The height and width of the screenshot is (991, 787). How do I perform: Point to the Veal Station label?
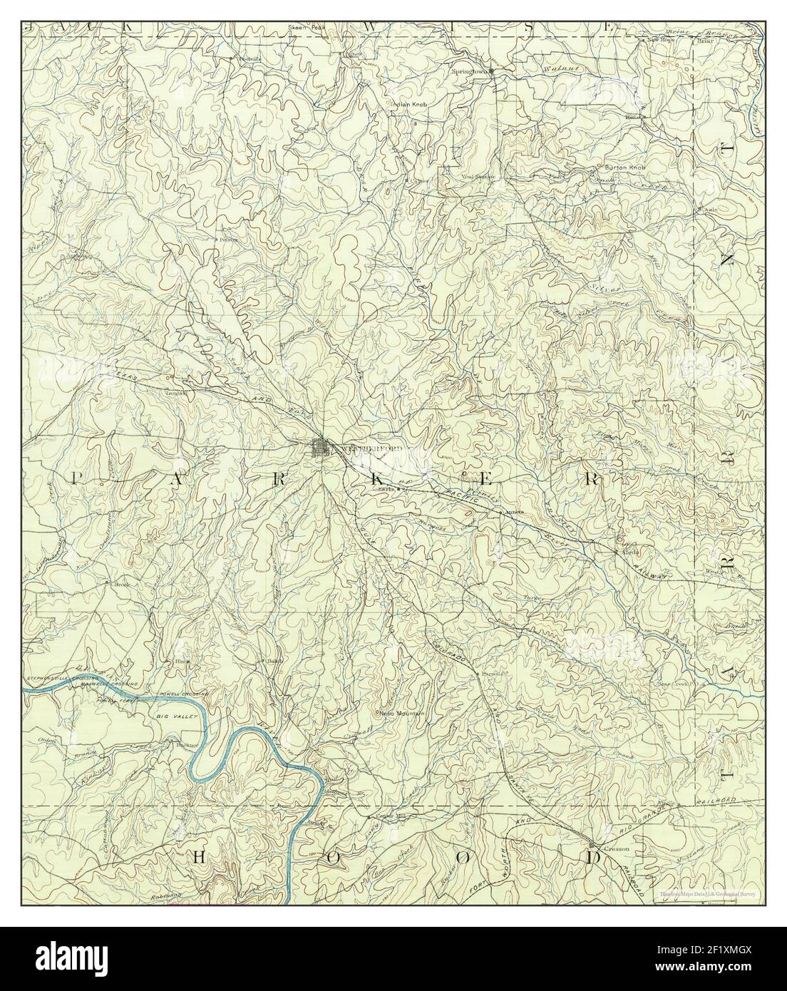pos(478,176)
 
